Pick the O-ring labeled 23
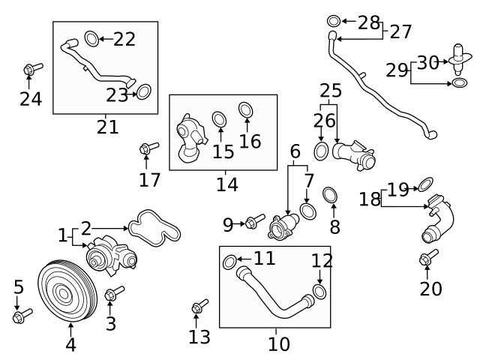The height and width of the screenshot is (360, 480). pyautogui.click(x=142, y=92)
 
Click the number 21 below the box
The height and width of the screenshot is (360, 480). pyautogui.click(x=107, y=127)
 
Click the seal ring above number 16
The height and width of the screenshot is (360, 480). pyautogui.click(x=246, y=110)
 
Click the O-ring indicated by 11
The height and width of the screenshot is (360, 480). pyautogui.click(x=230, y=262)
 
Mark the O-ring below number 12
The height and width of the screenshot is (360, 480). pyautogui.click(x=319, y=290)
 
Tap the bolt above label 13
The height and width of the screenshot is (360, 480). pyautogui.click(x=199, y=306)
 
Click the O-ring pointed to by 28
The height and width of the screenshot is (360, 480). pyautogui.click(x=333, y=22)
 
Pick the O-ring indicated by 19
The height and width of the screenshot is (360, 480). pyautogui.click(x=425, y=182)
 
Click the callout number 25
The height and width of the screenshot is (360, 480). pyautogui.click(x=331, y=91)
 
